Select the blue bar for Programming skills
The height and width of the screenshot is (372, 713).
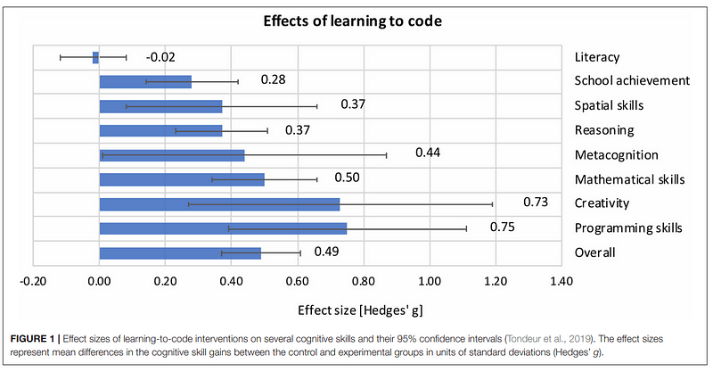(222, 227)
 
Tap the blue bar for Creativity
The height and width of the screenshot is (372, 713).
(218, 203)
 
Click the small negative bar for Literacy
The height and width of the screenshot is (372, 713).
(95, 58)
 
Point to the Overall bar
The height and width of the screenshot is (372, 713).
(179, 252)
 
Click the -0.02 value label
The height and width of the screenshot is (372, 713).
(161, 57)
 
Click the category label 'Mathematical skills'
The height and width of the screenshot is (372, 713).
(629, 179)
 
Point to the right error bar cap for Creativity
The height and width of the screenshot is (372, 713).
(492, 203)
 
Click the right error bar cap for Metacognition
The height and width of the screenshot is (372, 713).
(387, 154)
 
